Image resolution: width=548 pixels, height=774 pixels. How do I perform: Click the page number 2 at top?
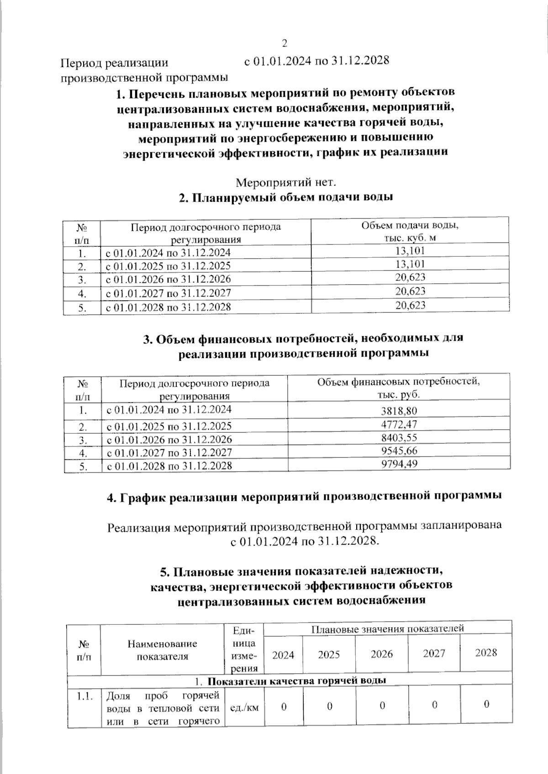[285, 44]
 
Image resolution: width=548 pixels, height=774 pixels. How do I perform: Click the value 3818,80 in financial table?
[399, 410]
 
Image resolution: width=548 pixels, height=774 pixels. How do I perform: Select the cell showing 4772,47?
[399, 425]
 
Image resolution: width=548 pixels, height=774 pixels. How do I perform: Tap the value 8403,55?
[399, 438]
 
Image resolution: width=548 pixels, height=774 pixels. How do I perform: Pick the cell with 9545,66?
[399, 451]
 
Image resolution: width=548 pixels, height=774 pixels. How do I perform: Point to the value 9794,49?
[399, 464]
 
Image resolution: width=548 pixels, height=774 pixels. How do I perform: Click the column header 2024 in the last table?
[283, 655]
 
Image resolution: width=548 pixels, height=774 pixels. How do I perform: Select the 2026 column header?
[382, 654]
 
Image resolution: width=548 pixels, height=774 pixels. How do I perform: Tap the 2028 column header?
[486, 653]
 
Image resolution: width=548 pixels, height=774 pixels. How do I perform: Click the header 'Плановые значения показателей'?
[387, 629]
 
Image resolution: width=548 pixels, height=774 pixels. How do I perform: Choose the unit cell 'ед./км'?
[245, 707]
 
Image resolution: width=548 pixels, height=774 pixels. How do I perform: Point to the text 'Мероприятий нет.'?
[286, 183]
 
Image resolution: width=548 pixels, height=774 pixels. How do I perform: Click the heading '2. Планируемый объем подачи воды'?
[286, 198]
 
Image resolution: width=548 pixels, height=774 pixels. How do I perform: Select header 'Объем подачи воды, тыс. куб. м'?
[410, 231]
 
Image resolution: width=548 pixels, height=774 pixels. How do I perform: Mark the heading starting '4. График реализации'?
[304, 497]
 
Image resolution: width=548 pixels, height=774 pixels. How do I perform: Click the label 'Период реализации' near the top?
[115, 63]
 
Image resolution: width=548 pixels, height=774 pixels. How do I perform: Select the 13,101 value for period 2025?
[410, 264]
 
